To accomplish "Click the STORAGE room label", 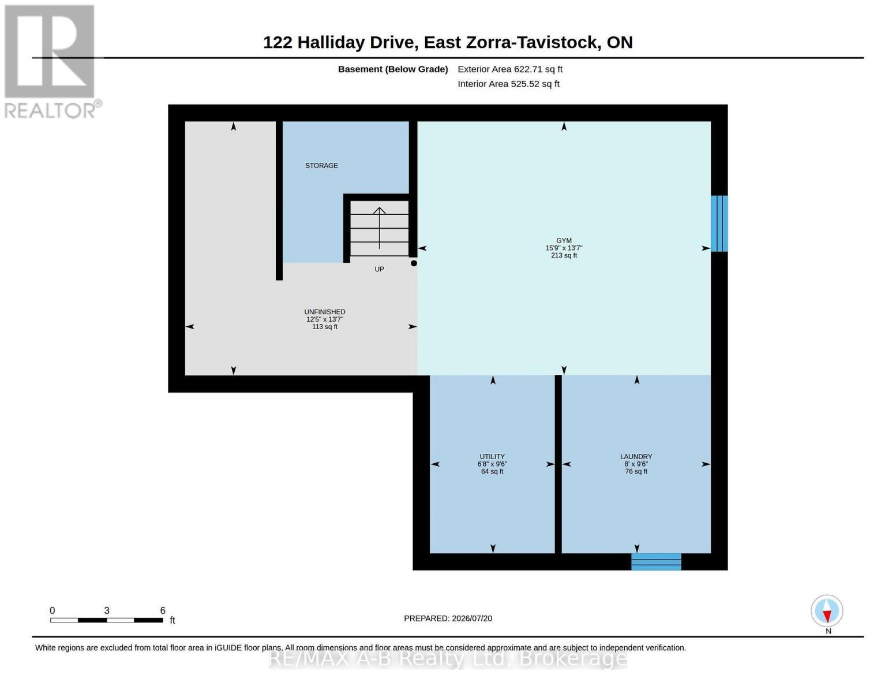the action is point(321,166).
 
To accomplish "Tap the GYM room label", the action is point(564,240).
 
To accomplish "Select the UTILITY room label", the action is point(492,456).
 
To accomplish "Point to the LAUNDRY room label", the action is point(636,456).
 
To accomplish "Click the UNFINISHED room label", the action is point(324,312).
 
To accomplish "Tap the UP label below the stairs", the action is point(379,269).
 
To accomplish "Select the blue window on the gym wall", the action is point(719,223).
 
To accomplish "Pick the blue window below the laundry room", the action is point(655,561).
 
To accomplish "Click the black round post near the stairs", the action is point(414,263).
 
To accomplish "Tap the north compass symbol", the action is point(827,611).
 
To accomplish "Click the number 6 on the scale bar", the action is point(163,610).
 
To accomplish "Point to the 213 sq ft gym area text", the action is point(564,255).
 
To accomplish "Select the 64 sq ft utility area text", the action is point(492,471).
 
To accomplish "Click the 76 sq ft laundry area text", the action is point(636,471).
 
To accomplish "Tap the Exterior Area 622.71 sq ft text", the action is point(509,69).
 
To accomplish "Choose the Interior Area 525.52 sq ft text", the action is point(508,84).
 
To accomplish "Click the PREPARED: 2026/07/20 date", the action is point(448,619).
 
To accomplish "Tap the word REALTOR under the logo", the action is point(50,111).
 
